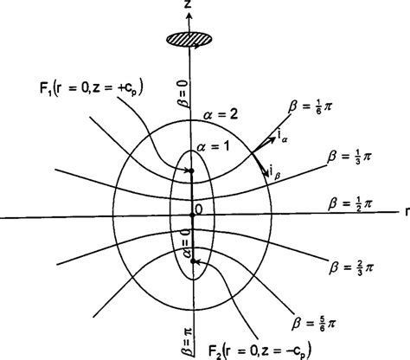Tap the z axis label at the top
click(186, 7)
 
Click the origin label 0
click(198, 209)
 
